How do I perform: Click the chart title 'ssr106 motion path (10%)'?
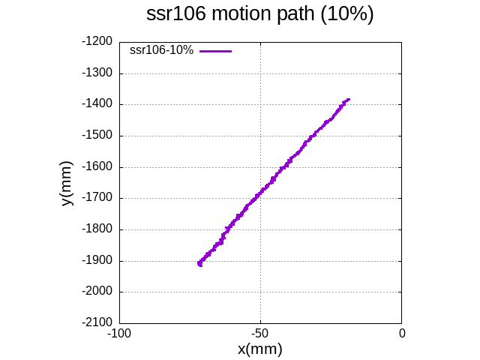259,14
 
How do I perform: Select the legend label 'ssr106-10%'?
161,50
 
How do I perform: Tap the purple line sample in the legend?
215,50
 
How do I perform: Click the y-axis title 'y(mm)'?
67,183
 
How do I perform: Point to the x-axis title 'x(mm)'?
259,349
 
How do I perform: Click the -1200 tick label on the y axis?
97,42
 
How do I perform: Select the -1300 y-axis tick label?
97,73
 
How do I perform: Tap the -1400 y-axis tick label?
97,104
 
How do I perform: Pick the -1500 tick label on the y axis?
97,136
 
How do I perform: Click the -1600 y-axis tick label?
97,167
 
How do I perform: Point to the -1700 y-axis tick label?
97,199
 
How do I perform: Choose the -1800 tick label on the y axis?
97,229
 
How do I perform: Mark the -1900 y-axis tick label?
97,261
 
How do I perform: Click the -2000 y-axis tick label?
97,292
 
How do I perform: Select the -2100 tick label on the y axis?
97,323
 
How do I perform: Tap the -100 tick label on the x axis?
119,333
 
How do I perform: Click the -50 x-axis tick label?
260,333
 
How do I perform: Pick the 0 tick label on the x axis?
401,333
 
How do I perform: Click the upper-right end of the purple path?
349,99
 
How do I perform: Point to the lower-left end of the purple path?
199,264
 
